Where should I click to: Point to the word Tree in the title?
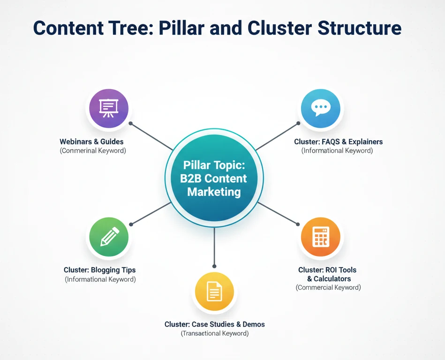pyautogui.click(x=128, y=28)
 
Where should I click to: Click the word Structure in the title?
pyautogui.click(x=360, y=28)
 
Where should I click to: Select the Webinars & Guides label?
pyautogui.click(x=91, y=142)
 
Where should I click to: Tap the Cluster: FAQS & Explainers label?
pyautogui.click(x=338, y=142)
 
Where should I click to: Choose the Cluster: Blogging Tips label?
pyautogui.click(x=99, y=270)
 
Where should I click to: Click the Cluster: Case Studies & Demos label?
pyautogui.click(x=214, y=324)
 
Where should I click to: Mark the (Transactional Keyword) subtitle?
pyautogui.click(x=214, y=333)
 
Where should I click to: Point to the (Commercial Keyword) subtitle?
pyautogui.click(x=328, y=287)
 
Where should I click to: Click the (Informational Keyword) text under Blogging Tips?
pyautogui.click(x=100, y=279)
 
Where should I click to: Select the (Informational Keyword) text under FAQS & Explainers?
pyautogui.click(x=337, y=150)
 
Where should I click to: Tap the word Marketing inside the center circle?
pyautogui.click(x=214, y=192)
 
